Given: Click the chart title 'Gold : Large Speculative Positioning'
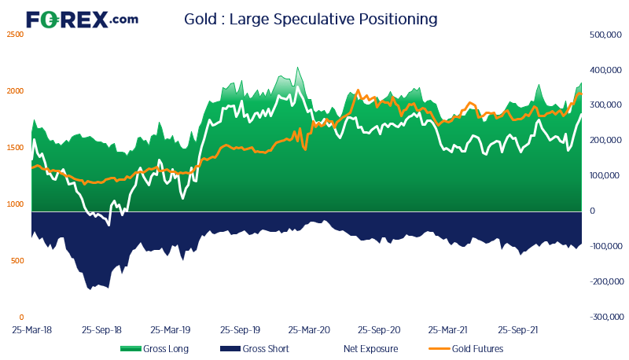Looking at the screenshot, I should click(311, 18).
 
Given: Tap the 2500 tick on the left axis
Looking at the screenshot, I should click(15, 35).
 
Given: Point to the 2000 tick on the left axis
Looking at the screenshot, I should click(15, 91).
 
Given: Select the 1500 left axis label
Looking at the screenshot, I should click(15, 148).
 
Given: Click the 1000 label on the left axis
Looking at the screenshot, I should click(15, 204).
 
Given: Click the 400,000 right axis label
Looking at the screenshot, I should click(605, 70).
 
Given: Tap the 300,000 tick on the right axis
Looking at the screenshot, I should click(605, 105).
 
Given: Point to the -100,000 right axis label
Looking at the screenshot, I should click(605, 247).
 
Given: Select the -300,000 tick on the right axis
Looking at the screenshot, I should click(605, 318).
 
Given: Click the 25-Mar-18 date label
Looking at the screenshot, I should click(32, 331).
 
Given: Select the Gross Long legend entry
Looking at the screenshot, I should click(154, 349).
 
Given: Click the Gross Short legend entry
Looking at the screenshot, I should click(254, 349).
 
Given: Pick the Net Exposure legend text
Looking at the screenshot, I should click(371, 349).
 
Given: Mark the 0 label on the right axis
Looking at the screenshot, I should click(592, 211).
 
